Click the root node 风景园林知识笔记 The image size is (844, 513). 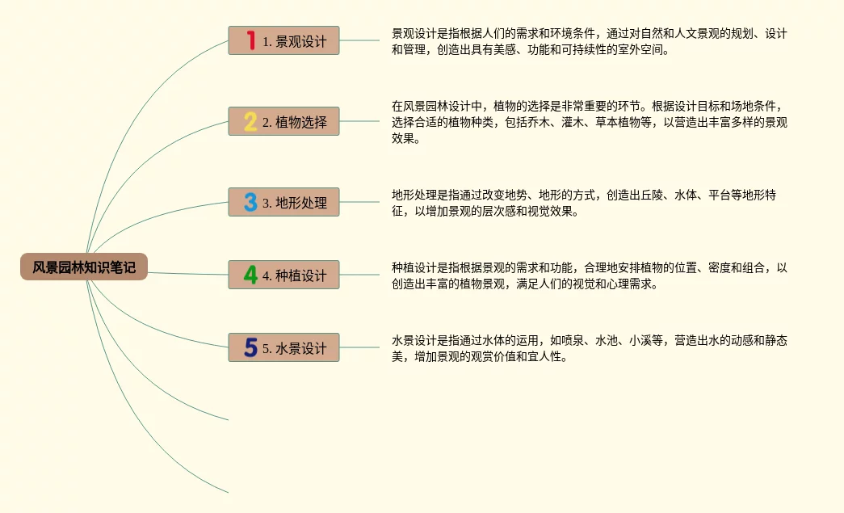(x=84, y=267)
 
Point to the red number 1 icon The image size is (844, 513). (x=250, y=40)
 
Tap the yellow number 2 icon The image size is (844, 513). (x=250, y=121)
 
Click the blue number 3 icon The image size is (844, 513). (x=250, y=202)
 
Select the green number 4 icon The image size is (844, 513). (x=250, y=275)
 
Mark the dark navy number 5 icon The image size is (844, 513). (x=250, y=347)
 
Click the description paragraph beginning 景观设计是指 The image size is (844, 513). (x=589, y=41)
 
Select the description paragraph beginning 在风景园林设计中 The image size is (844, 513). (x=589, y=122)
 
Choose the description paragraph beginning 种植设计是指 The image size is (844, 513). (x=589, y=275)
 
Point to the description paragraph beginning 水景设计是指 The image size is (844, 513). (x=589, y=348)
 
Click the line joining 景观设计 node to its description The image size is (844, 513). (x=359, y=40)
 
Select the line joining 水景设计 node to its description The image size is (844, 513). (x=359, y=347)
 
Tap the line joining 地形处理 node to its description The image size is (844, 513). (x=359, y=202)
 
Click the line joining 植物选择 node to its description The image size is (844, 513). (x=359, y=121)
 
